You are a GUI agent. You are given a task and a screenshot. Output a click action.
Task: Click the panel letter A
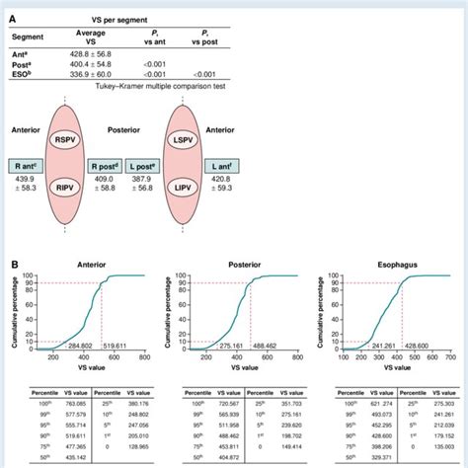click(12, 9)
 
